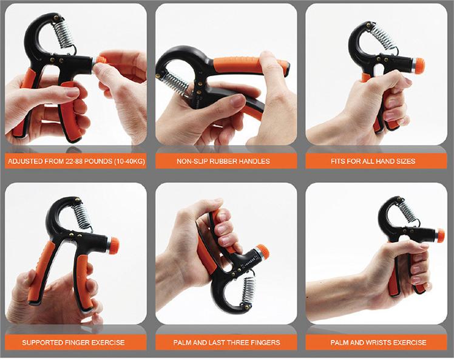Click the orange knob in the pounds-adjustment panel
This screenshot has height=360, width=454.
coord(101,60)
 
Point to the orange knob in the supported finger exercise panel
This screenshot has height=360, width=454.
coord(114,245)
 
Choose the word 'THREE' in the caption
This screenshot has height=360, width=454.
coord(237,342)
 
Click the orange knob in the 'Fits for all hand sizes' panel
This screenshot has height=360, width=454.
coord(420,65)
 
